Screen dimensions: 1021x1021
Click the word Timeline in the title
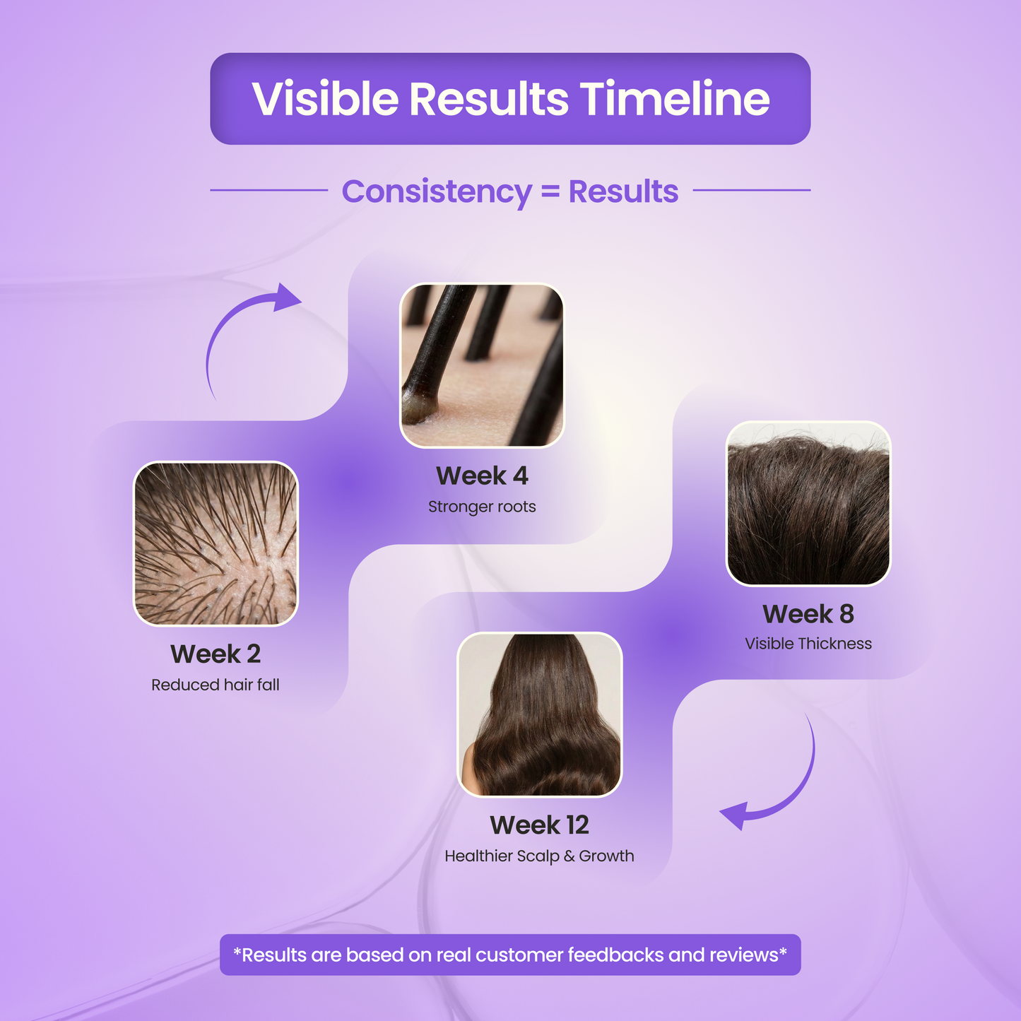[x=675, y=99]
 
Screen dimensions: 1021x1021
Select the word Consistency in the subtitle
[x=436, y=191]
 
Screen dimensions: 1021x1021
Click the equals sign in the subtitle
[x=550, y=191]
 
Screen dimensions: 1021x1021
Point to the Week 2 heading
[x=216, y=654]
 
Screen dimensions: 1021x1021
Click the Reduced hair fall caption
[x=216, y=685]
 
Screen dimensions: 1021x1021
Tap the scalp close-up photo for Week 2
[x=216, y=543]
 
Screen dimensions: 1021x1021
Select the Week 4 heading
[x=482, y=476]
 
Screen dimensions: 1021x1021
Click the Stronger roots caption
[x=482, y=507]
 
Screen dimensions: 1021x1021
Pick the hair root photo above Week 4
[x=482, y=365]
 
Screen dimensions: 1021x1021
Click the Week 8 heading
[x=808, y=614]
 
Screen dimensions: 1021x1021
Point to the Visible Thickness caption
[x=808, y=644]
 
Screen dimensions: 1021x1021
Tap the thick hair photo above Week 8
[x=808, y=503]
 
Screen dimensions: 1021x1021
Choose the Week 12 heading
[x=539, y=825]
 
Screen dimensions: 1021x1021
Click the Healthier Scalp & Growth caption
[x=539, y=856]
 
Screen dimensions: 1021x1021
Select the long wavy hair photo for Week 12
[x=540, y=714]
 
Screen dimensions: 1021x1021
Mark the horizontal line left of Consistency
[x=268, y=190]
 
